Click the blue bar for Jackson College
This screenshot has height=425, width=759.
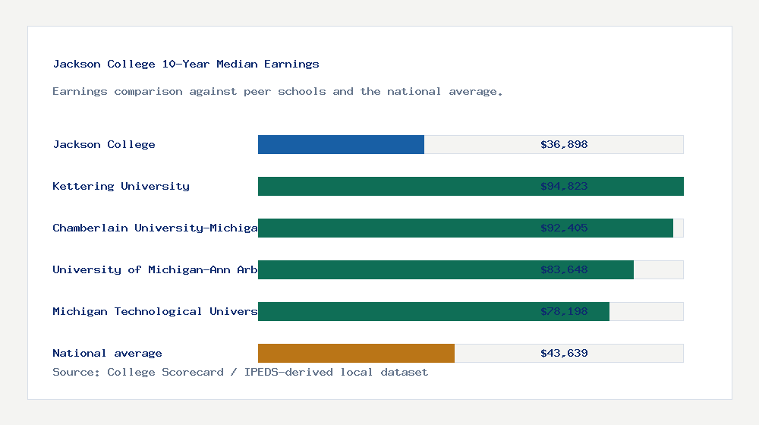click(x=341, y=144)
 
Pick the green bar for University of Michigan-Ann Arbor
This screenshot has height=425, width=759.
click(x=395, y=269)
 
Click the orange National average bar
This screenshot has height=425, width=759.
click(x=356, y=353)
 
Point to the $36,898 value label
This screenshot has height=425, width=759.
click(x=564, y=144)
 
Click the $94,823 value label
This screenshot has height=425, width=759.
click(x=564, y=186)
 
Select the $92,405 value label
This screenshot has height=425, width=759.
click(x=564, y=228)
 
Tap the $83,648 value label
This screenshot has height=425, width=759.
click(x=564, y=269)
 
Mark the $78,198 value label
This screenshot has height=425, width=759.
click(x=564, y=311)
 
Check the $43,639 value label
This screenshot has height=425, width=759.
click(x=564, y=353)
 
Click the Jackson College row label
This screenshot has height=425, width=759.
click(x=104, y=144)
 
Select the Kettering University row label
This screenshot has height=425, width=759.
click(x=121, y=186)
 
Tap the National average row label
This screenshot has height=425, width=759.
click(x=107, y=353)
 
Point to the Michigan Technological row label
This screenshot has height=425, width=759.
click(x=155, y=311)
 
